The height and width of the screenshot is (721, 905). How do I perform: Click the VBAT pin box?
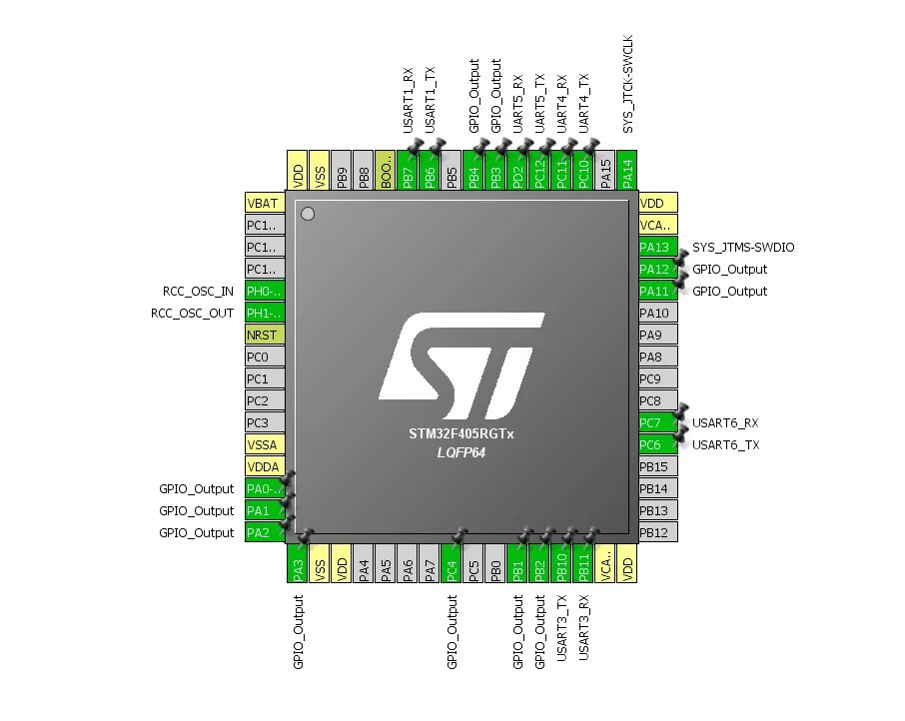pos(265,204)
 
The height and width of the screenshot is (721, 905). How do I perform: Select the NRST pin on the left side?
pos(265,336)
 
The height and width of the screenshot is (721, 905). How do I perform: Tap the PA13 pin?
pos(657,248)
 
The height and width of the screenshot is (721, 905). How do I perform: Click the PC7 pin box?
pos(657,423)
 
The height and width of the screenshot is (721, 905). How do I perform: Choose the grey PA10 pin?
pos(657,314)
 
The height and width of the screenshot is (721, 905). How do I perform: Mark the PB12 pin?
pos(657,533)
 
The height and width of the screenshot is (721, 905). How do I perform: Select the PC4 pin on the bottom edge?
pos(452,563)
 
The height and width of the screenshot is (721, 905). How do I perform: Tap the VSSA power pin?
pos(265,445)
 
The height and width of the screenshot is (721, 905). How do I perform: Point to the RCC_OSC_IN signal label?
pos(198,292)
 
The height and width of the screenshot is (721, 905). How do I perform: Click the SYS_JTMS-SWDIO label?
pos(743,248)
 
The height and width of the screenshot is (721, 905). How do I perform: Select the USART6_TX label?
pos(725,445)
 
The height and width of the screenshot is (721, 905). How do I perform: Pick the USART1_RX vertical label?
pos(409,101)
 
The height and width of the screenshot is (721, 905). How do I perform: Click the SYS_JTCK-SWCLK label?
pos(628,86)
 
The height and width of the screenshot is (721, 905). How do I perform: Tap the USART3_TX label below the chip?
pos(562,627)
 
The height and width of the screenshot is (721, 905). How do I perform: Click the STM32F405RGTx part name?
pos(460,434)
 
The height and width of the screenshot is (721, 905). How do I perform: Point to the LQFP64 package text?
pos(460,452)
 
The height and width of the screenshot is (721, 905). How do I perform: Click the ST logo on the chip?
pos(460,365)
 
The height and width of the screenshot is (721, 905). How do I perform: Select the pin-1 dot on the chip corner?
pos(308,214)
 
